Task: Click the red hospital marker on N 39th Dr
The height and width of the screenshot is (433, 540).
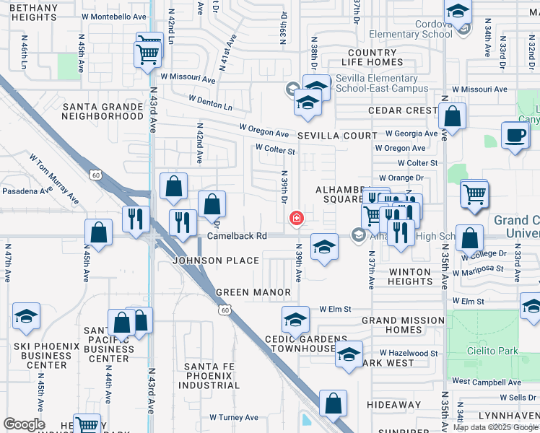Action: click(x=296, y=218)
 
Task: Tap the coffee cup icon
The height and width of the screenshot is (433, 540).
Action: click(x=515, y=136)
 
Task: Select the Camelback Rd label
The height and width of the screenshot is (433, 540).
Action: click(x=238, y=236)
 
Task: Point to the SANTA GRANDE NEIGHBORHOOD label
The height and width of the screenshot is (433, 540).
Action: click(x=103, y=111)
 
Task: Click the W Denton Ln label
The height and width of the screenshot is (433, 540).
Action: click(x=210, y=102)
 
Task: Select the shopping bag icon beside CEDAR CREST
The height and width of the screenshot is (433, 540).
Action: click(x=452, y=116)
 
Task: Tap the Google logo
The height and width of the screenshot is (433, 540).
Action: click(x=24, y=424)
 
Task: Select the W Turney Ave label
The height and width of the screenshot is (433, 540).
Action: click(x=234, y=417)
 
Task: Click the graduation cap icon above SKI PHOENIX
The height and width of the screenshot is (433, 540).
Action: click(x=26, y=316)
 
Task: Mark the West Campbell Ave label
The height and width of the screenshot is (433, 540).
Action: click(x=487, y=381)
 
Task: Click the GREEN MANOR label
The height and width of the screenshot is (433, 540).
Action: click(x=253, y=292)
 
